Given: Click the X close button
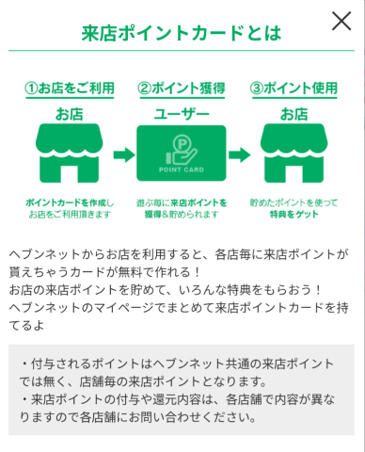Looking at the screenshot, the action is pos(341,21).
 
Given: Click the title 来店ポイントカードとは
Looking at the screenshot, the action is pos(182,33).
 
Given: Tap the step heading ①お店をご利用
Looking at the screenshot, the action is pos(70,88).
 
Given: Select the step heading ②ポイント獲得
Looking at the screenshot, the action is pos(182,88).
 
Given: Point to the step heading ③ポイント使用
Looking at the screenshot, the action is pos(294,88).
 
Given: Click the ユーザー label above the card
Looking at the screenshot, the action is pos(182,114).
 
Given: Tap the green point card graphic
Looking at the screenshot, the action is pos(182,153).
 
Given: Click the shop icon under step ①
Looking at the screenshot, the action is pos(70,153).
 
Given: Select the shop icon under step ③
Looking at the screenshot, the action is pos(294,153).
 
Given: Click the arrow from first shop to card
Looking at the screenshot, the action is pos(124,154).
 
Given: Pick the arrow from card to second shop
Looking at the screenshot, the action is pos(240,154).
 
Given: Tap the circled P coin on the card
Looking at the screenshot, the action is pos(182,143).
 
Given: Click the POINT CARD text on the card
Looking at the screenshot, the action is pos(182,169).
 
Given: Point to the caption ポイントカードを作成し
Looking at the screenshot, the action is pos(70,202).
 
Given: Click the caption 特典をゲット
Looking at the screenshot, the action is pos(294,215).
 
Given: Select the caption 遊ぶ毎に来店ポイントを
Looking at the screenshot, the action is pos(182,202).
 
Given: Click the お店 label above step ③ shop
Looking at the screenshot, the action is pos(294,114).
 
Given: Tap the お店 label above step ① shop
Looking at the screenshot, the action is pos(70,114).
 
